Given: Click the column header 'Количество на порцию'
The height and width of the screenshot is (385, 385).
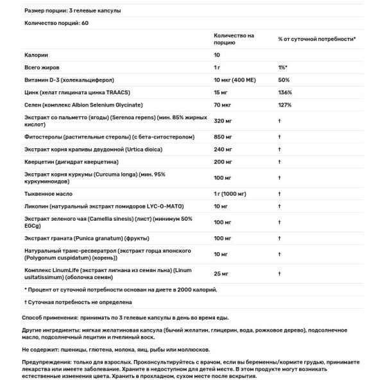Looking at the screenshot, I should pyautogui.click(x=234, y=39).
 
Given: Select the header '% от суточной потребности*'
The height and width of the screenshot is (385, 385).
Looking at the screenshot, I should pyautogui.click(x=317, y=39).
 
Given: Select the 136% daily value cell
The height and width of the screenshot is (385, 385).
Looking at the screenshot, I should pyautogui.click(x=285, y=92).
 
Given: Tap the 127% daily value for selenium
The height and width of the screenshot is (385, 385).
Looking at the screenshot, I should pyautogui.click(x=285, y=104).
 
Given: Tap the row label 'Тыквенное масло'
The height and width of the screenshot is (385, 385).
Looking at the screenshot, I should pyautogui.click(x=47, y=193).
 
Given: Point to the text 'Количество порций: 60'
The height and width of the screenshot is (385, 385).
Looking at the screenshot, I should pyautogui.click(x=55, y=24).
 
